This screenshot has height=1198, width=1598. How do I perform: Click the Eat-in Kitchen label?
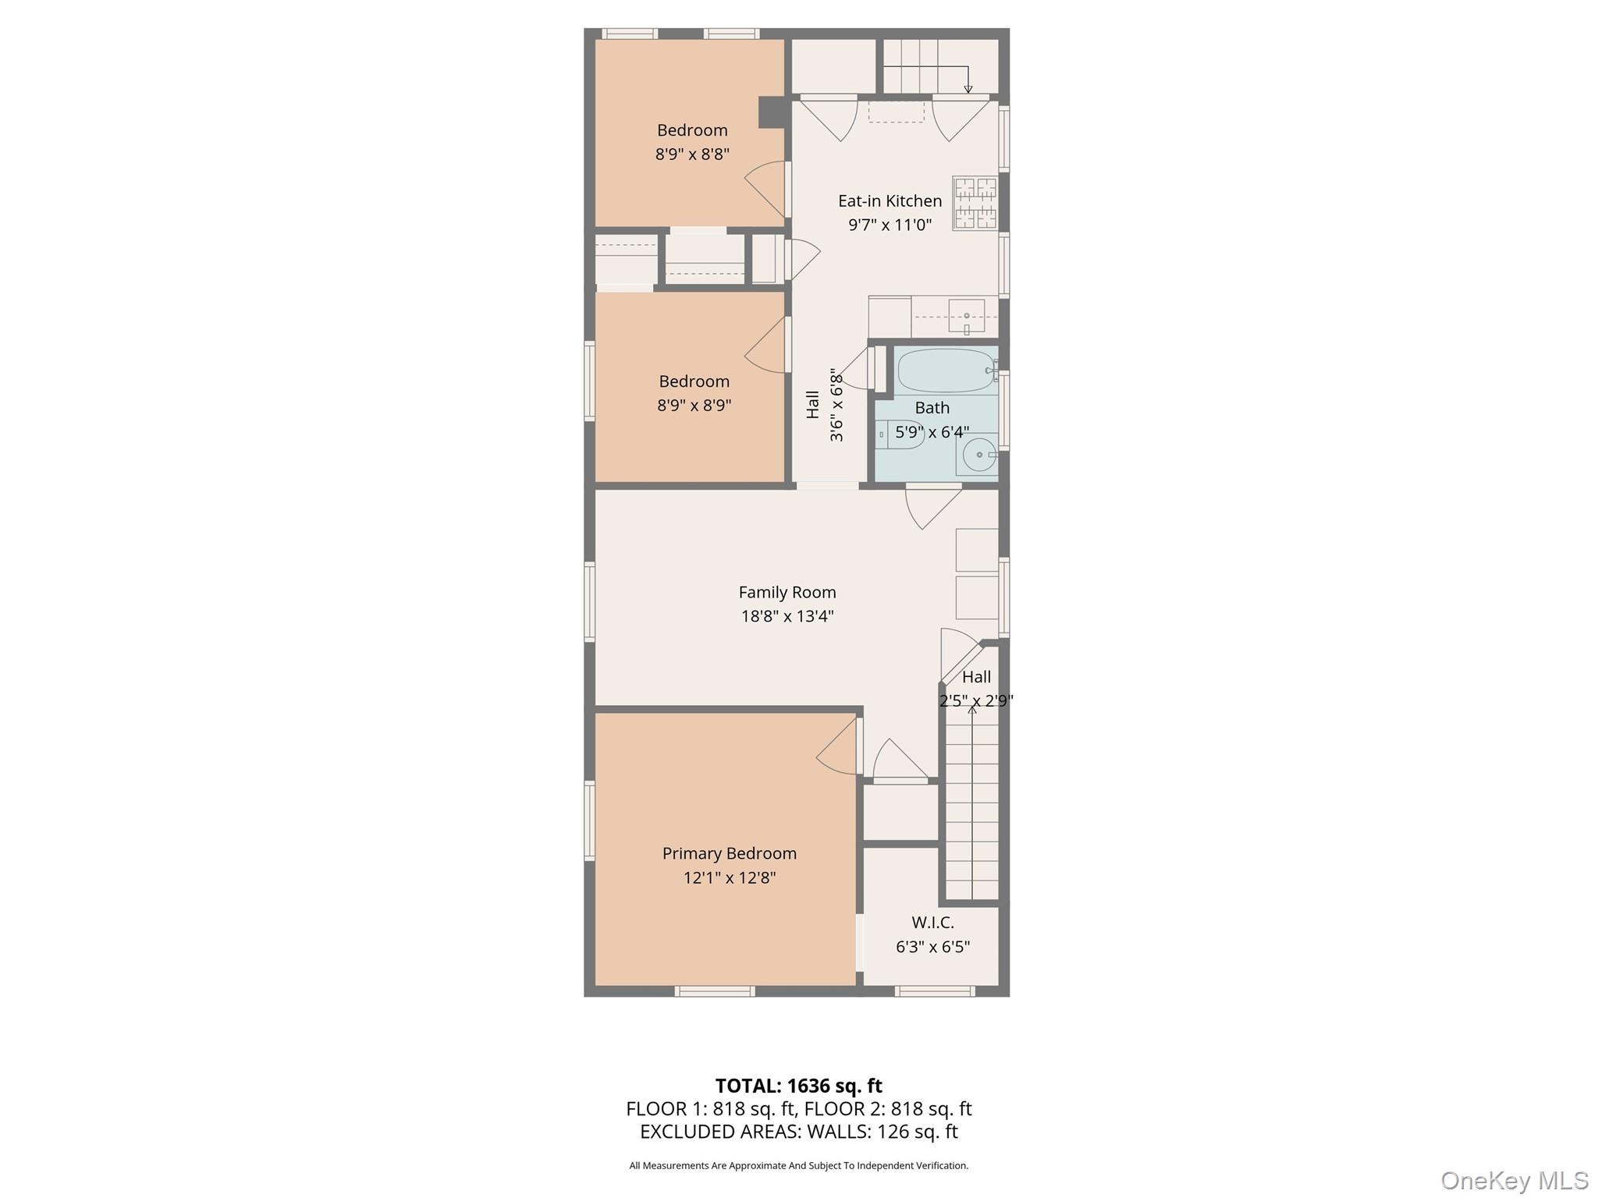(890, 200)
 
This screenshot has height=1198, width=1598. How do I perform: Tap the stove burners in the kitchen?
(975, 204)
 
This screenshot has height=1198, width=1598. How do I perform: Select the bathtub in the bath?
(946, 370)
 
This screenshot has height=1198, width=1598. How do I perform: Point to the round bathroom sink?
(978, 454)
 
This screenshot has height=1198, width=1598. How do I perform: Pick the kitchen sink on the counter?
(967, 316)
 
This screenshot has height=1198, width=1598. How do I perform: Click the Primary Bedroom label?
(730, 853)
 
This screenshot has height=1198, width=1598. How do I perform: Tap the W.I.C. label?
(932, 923)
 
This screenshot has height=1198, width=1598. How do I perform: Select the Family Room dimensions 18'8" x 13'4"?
(787, 616)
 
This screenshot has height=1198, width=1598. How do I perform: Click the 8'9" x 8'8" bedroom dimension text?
(692, 154)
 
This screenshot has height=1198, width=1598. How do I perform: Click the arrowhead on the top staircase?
(968, 89)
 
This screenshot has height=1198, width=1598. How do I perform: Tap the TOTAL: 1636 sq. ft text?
(798, 1086)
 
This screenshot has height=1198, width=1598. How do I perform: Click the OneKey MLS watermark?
(1515, 1181)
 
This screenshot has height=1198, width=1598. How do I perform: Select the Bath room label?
(932, 408)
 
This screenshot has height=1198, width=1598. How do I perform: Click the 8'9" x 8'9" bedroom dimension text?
(694, 406)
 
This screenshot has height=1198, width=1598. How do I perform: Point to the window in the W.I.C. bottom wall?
(934, 991)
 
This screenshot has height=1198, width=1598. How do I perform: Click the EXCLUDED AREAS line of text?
(798, 1132)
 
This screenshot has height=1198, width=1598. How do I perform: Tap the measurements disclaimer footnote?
(798, 1165)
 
